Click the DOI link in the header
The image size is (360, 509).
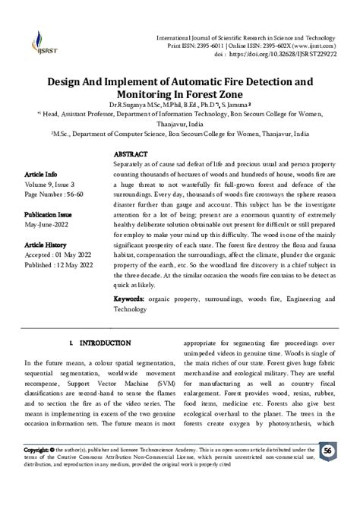tap(292, 55)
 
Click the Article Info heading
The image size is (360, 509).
tap(43, 174)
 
